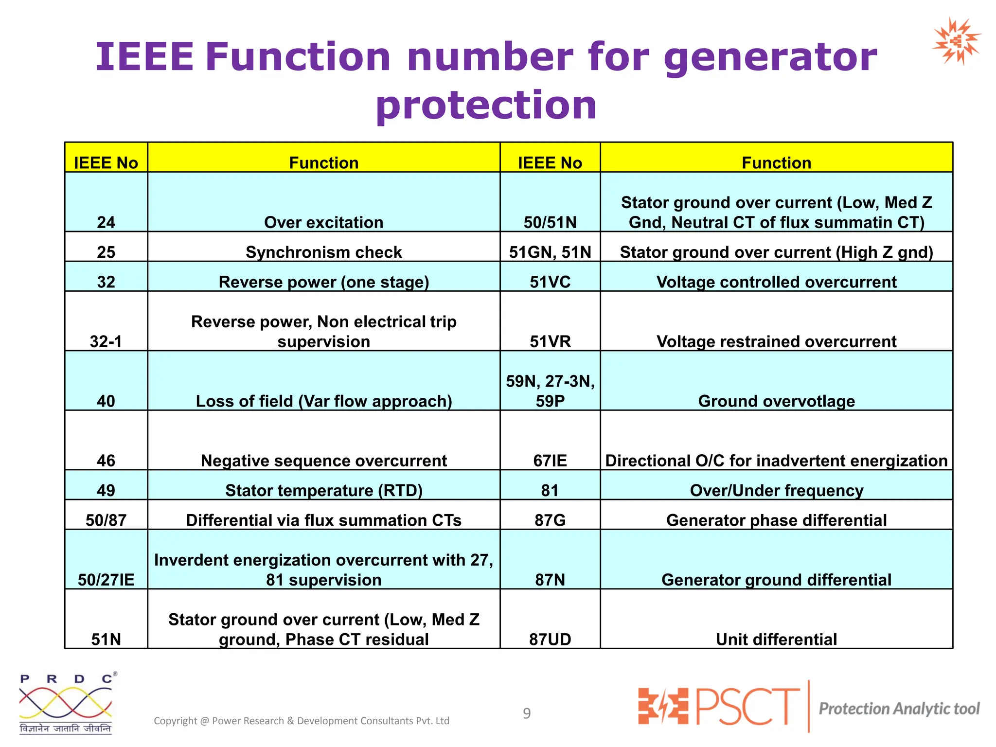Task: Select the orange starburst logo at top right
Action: coord(956,41)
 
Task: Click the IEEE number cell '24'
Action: coord(106,222)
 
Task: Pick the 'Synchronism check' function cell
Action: coord(323,252)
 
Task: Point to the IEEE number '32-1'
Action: coord(106,341)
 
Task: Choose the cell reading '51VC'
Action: coord(550,282)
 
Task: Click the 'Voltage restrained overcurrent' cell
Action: coord(776,341)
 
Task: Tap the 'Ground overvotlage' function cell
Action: coord(776,401)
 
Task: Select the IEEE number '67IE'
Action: coord(550,461)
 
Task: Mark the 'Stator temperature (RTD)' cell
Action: coord(323,490)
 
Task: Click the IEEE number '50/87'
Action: coord(106,520)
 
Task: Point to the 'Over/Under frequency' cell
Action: coord(776,490)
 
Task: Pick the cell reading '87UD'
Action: coord(550,639)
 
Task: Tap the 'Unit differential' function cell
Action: coord(776,639)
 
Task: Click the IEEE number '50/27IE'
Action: coord(106,580)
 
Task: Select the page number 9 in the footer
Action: coord(527,713)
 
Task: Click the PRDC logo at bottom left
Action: coord(66,703)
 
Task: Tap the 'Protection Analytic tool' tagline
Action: coord(899,709)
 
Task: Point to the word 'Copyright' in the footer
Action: coord(175,721)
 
